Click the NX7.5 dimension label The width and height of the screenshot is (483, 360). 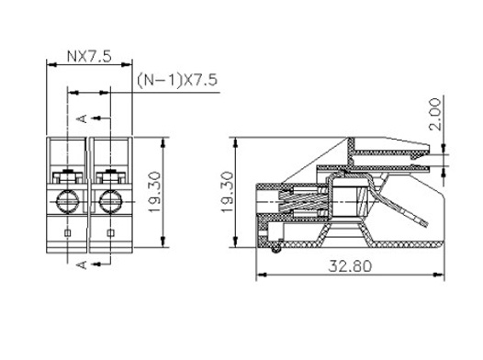89,56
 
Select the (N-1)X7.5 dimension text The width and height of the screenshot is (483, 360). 177,80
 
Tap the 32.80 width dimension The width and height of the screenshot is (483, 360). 350,265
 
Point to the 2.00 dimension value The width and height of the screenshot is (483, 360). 435,114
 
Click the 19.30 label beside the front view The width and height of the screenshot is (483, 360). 154,192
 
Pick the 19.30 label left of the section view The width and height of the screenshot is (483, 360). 228,192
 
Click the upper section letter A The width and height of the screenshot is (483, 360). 83,118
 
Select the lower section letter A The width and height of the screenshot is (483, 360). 83,264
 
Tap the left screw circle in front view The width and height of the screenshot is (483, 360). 68,202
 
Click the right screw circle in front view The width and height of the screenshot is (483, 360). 111,202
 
